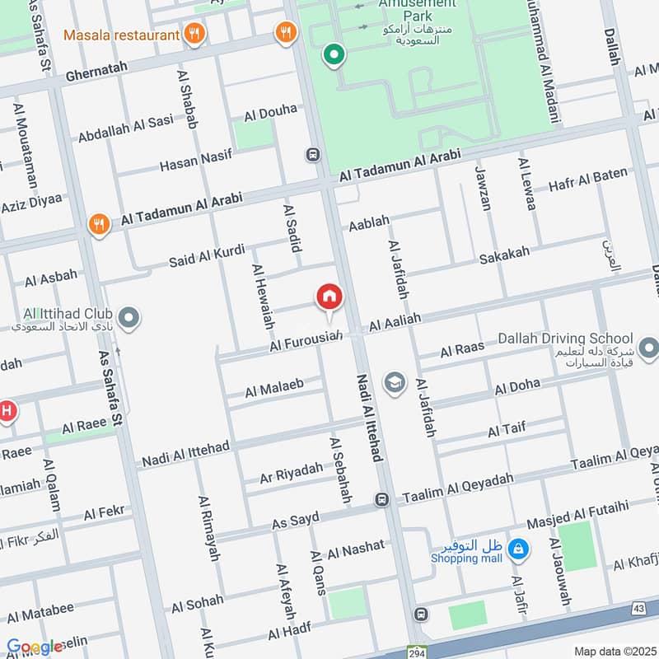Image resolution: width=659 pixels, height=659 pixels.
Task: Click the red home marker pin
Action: [329, 297]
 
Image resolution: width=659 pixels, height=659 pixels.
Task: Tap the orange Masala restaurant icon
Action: [195, 34]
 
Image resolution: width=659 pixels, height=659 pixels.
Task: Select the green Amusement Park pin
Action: [334, 56]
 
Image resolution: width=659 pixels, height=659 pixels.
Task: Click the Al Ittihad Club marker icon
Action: [129, 316]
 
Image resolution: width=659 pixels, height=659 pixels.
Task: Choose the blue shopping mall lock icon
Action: [518, 548]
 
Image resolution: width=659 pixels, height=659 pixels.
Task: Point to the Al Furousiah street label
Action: [305, 342]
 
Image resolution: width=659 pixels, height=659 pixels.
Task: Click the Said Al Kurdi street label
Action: [201, 255]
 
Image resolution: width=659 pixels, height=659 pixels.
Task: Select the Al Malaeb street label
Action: [274, 389]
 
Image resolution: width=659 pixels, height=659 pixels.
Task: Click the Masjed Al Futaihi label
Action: [577, 509]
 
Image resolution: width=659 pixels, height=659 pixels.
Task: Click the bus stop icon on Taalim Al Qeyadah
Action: [382, 499]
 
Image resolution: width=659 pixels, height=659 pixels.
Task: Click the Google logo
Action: [35, 647]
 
